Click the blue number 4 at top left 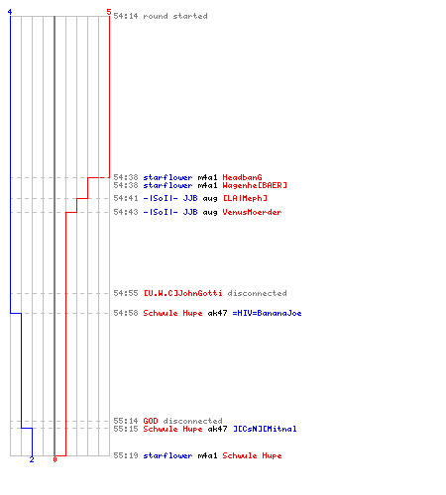[x=10, y=12]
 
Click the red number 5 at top [x=109, y=12]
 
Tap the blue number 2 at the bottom [x=32, y=459]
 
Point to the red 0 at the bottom [x=55, y=459]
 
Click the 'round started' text [x=175, y=16]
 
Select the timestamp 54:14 [x=126, y=16]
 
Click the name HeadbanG [x=242, y=177]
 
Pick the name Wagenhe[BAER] [x=255, y=185]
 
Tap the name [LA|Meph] [x=245, y=198]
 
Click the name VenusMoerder [x=252, y=212]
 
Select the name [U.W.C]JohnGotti [x=182, y=293]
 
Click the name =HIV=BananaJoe [x=267, y=313]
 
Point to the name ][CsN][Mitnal [x=265, y=429]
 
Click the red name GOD [x=151, y=421]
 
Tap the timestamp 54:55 [x=126, y=293]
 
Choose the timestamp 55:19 [x=126, y=455]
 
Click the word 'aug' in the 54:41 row [x=210, y=199]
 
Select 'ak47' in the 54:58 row [x=217, y=313]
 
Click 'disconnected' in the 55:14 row [x=192, y=421]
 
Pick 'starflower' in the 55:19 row [x=167, y=455]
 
